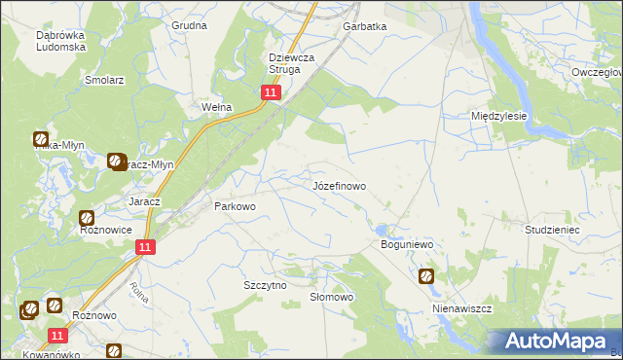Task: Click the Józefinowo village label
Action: tap(339, 185)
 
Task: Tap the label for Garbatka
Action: tap(365, 27)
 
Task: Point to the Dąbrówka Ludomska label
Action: tap(63, 42)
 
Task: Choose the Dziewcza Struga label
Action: tap(292, 63)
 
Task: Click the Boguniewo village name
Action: tap(407, 245)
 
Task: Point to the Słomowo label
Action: tap(331, 297)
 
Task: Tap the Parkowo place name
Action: tap(234, 206)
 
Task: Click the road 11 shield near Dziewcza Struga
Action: tap(271, 92)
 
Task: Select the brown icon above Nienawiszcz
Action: tap(426, 276)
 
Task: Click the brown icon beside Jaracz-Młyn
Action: tap(116, 161)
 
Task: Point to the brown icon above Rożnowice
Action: tap(87, 219)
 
